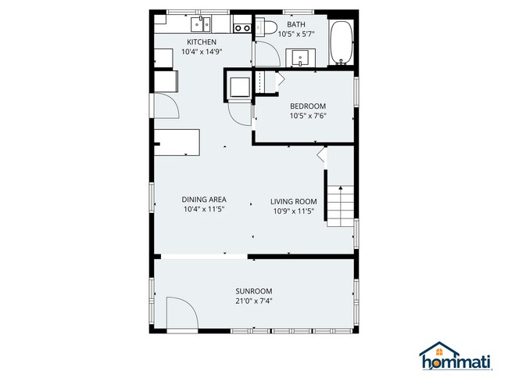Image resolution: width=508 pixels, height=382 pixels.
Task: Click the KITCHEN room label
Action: click(x=202, y=41)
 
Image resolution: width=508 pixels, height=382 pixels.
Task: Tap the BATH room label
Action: click(x=296, y=24)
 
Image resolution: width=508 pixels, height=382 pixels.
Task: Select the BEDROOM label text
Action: click(x=308, y=106)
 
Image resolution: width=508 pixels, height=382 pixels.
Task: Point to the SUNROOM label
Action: click(x=254, y=291)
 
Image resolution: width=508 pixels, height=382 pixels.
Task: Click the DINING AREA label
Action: click(x=204, y=200)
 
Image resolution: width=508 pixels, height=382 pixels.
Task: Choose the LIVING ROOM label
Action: click(x=294, y=201)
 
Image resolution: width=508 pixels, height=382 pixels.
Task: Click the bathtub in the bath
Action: click(x=342, y=43)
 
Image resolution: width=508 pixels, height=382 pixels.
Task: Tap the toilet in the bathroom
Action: click(x=266, y=27)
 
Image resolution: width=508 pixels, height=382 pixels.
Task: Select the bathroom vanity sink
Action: click(x=301, y=58)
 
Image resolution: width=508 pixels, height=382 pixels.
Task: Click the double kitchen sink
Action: click(x=201, y=24)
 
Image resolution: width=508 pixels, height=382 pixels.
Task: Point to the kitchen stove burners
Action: click(x=242, y=28)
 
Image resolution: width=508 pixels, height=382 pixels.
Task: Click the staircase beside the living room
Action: click(x=340, y=206)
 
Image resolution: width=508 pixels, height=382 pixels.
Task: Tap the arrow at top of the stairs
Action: click(x=341, y=188)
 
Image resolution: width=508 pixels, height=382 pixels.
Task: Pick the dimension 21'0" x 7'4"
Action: click(x=254, y=301)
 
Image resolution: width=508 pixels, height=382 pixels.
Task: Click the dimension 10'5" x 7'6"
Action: click(x=308, y=116)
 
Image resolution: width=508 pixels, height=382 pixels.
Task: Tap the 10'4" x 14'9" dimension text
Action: click(x=202, y=52)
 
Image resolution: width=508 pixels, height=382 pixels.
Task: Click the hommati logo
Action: click(x=456, y=356)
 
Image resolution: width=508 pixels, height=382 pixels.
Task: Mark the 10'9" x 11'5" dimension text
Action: click(x=294, y=211)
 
